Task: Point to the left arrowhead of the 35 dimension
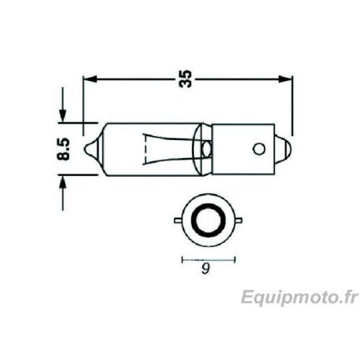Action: click(x=89, y=79)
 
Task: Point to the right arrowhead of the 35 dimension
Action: click(x=287, y=79)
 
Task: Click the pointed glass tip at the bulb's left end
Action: click(x=94, y=147)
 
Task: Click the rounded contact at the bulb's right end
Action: click(x=287, y=147)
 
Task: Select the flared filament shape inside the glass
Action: click(x=168, y=147)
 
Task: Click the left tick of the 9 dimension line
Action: click(x=182, y=259)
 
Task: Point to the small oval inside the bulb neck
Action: click(x=207, y=147)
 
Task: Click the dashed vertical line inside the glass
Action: click(x=145, y=147)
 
